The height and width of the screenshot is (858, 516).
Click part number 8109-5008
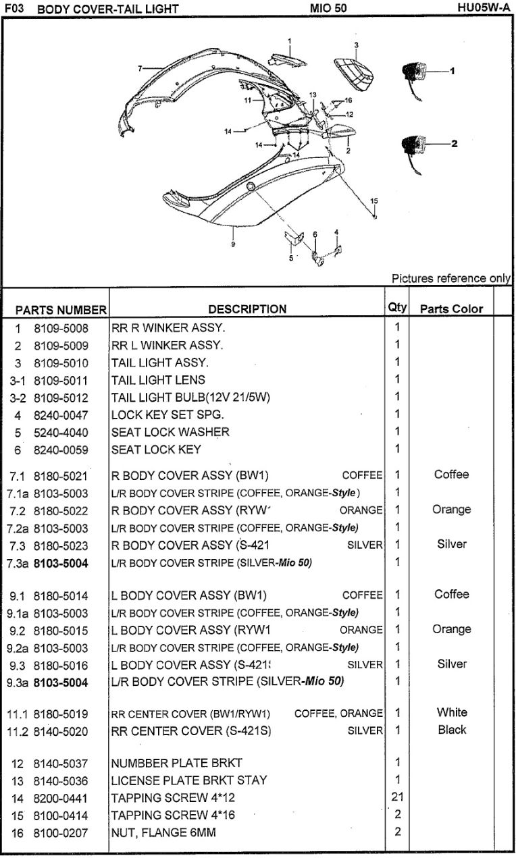(x=61, y=328)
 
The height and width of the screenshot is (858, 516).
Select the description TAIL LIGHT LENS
(x=158, y=380)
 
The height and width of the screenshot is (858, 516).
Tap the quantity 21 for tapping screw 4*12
(x=397, y=797)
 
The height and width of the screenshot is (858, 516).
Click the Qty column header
(x=397, y=307)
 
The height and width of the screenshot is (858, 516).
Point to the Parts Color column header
(x=451, y=309)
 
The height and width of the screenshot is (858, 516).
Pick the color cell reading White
(x=452, y=712)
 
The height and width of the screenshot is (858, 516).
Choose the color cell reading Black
(x=452, y=729)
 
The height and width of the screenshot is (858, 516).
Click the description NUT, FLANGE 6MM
(x=163, y=832)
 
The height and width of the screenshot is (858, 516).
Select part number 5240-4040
(x=61, y=433)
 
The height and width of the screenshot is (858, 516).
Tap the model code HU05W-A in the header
(x=484, y=7)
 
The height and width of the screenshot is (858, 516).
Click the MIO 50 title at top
(x=328, y=8)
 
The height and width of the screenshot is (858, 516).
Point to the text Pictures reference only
(x=451, y=278)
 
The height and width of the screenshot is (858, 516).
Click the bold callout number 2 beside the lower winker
(x=455, y=144)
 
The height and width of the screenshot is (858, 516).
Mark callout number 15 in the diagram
(x=374, y=200)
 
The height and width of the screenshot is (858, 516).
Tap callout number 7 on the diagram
(x=140, y=69)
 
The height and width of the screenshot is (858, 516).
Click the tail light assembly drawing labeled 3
(x=353, y=74)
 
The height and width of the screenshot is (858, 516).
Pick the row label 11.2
(x=18, y=732)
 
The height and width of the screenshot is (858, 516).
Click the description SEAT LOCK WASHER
(x=170, y=432)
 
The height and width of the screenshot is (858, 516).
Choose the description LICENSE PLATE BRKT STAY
(x=189, y=780)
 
